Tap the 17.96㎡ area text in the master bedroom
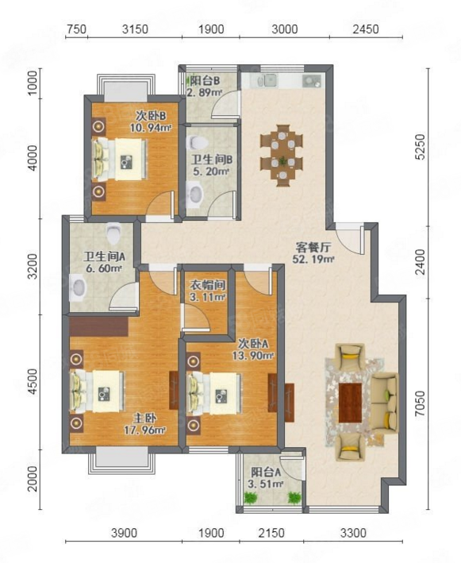pyautogui.click(x=144, y=430)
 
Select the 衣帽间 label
pyautogui.click(x=208, y=285)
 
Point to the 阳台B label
pyautogui.click(x=205, y=80)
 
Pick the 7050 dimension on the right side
pyautogui.click(x=420, y=403)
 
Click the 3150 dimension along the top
pyautogui.click(x=135, y=29)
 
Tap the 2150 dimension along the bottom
pyautogui.click(x=271, y=533)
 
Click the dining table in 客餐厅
pyautogui.click(x=282, y=155)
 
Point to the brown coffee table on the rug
pyautogui.click(x=351, y=403)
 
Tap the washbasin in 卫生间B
pyautogui.click(x=195, y=194)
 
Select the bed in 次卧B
pyautogui.click(x=120, y=159)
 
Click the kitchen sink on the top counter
pyautogui.click(x=270, y=81)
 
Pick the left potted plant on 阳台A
pyautogui.click(x=250, y=497)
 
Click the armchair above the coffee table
pyautogui.click(x=350, y=356)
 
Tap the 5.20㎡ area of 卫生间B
pyautogui.click(x=211, y=172)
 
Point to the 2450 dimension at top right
pyautogui.click(x=366, y=29)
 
